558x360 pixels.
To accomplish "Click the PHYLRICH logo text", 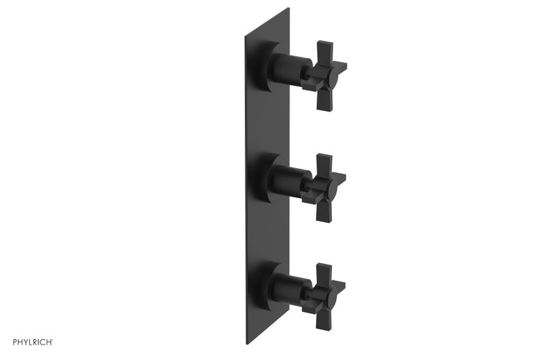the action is [x=33, y=342].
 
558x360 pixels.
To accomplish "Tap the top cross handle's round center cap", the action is [x=332, y=76].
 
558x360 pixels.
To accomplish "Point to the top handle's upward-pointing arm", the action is [x=324, y=54].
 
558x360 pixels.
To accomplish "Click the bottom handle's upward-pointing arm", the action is [x=324, y=276].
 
